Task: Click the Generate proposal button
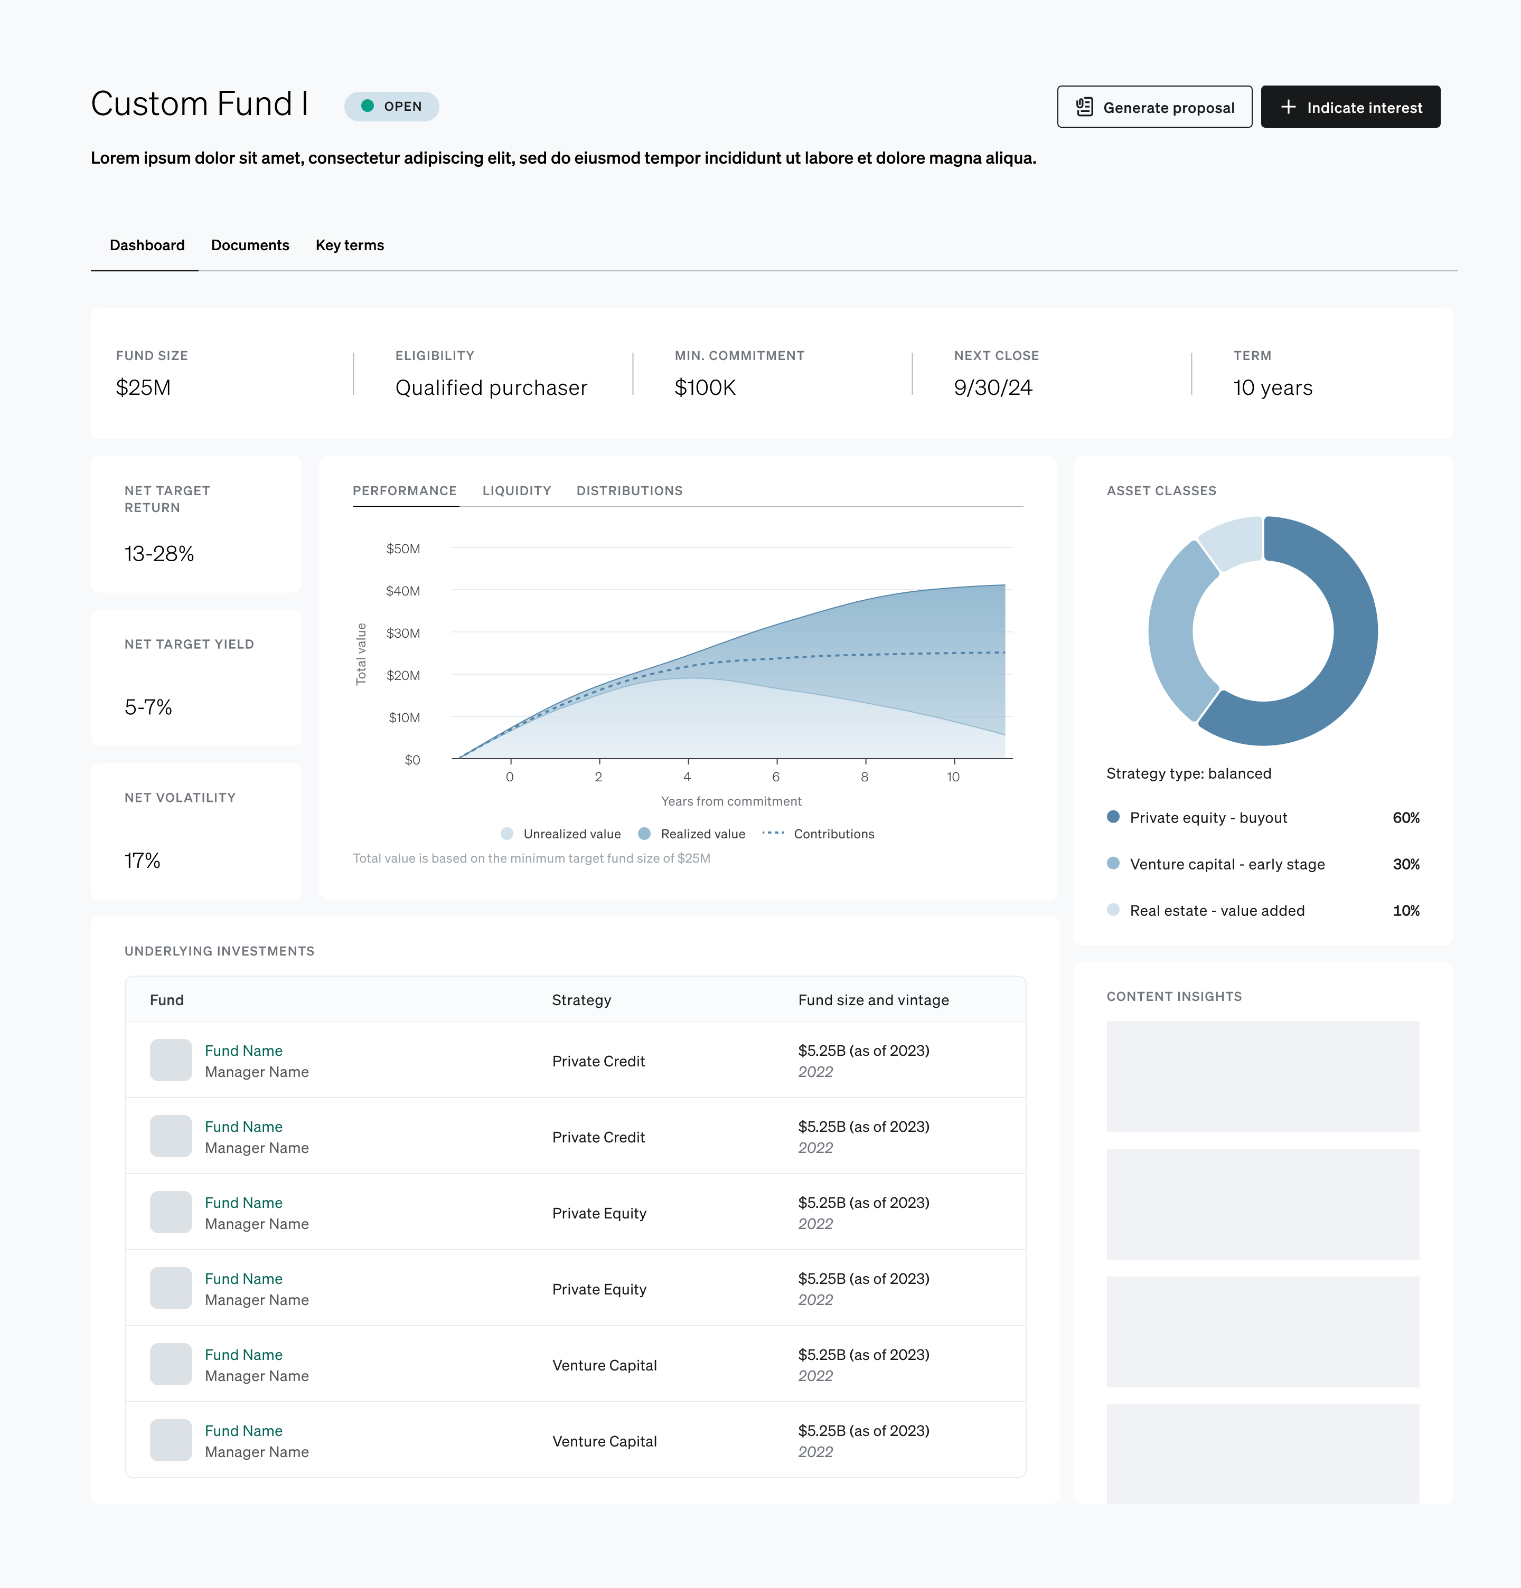[1154, 107]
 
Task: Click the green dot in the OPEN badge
[367, 106]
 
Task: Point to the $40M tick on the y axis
[403, 591]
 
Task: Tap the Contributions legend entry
[819, 834]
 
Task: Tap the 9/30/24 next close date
[993, 388]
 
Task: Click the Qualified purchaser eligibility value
[491, 388]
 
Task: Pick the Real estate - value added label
[1217, 911]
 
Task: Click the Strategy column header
[581, 1000]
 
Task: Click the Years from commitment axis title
[731, 801]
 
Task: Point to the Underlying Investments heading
[220, 951]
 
